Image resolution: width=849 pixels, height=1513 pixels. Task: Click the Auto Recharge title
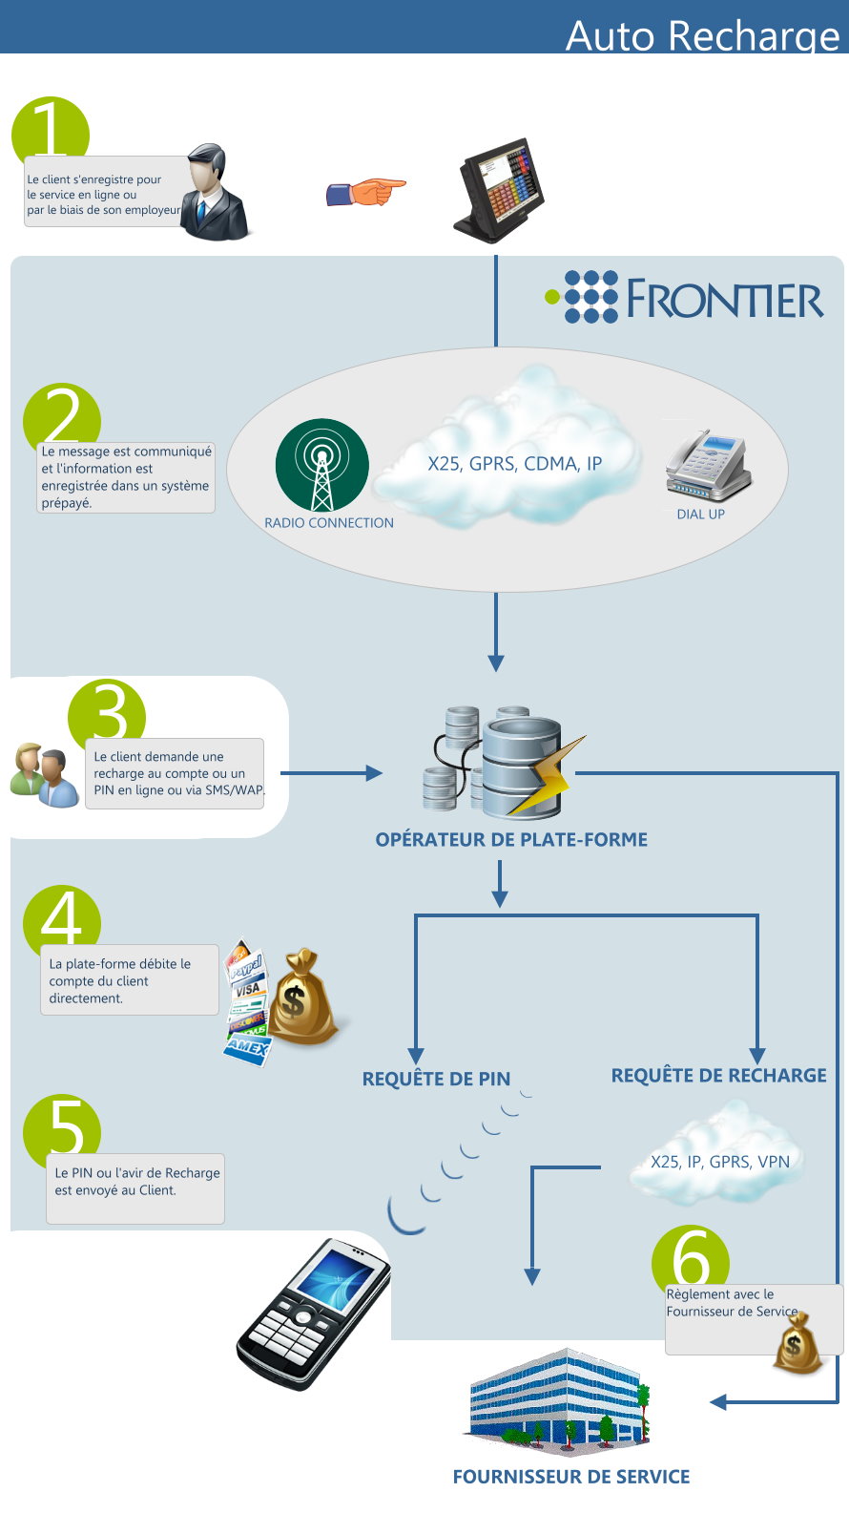[x=702, y=35]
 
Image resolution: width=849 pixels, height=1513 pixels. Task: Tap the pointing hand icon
[x=365, y=192]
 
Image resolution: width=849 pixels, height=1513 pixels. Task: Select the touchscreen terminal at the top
[x=500, y=190]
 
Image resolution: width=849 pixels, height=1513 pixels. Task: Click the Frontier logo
[x=684, y=297]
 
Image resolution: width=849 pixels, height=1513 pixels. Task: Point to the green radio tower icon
[x=321, y=465]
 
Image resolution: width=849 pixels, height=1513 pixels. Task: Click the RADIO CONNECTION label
[x=329, y=523]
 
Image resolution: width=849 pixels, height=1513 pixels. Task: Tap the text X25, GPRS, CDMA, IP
[x=515, y=463]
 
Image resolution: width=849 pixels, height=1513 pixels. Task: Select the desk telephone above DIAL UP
[x=709, y=466]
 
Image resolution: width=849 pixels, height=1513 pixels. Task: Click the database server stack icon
[x=504, y=762]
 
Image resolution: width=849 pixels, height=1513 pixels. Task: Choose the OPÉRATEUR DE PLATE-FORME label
[x=511, y=840]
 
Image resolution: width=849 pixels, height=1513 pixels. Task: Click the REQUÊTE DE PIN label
[x=436, y=1079]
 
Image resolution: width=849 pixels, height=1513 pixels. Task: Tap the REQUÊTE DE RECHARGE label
[x=718, y=1075]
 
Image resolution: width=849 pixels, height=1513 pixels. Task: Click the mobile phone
[x=314, y=1313]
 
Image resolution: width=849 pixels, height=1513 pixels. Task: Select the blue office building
[x=557, y=1401]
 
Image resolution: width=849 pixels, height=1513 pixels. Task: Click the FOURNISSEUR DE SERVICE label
[x=571, y=1477]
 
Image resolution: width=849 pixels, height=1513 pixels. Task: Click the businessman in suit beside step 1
[x=214, y=192]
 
